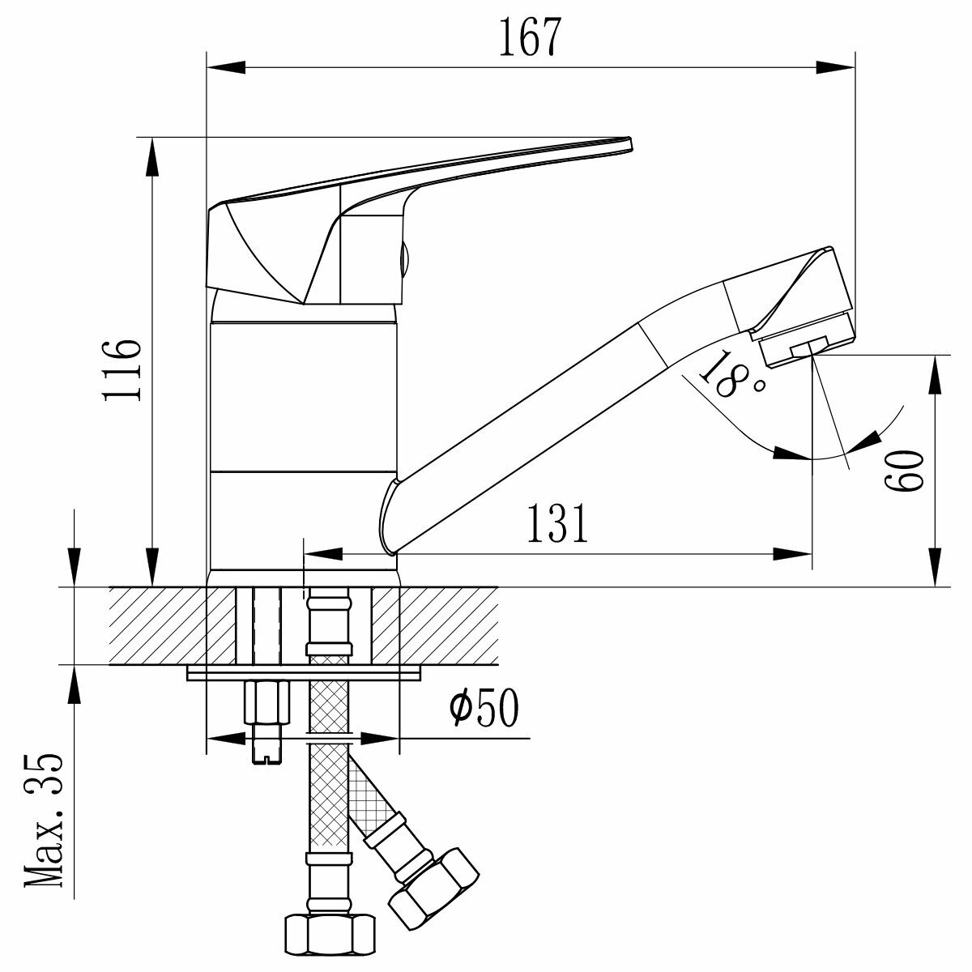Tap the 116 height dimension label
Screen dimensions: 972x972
coord(123,369)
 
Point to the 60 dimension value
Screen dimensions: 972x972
coord(904,470)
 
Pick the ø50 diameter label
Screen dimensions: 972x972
coord(484,709)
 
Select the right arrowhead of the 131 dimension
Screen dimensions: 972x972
coord(795,555)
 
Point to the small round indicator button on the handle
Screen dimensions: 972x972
coord(406,259)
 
